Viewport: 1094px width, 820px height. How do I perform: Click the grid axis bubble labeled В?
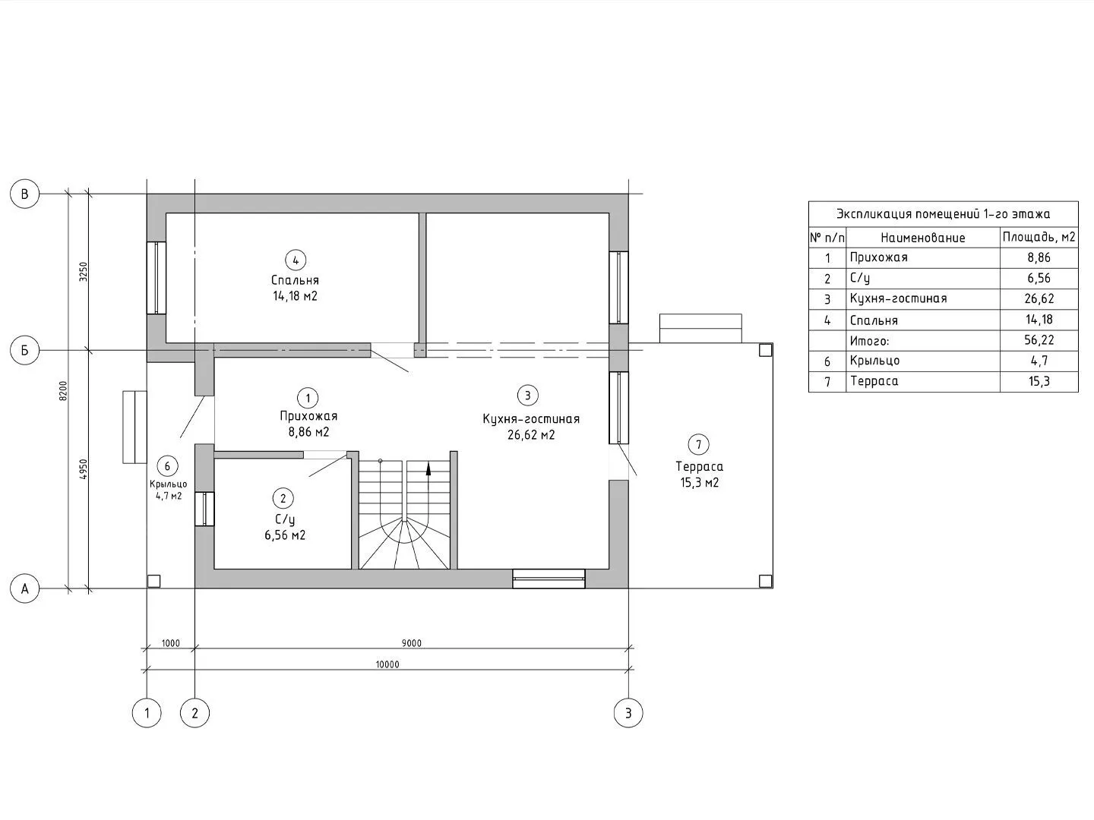[x=24, y=194]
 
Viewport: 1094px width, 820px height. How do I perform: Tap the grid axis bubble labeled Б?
[x=24, y=351]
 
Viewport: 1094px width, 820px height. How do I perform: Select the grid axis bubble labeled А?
[x=24, y=589]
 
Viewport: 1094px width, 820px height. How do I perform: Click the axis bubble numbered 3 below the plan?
[x=628, y=713]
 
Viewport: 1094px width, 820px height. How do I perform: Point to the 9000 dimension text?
[x=412, y=643]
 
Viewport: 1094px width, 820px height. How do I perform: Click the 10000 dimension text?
[x=387, y=664]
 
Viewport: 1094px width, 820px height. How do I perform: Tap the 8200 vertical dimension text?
[x=63, y=391]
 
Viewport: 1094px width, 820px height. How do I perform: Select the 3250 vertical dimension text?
[x=84, y=272]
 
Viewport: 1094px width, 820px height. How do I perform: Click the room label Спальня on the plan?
[x=295, y=280]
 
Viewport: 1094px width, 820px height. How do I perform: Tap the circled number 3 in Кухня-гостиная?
[x=528, y=396]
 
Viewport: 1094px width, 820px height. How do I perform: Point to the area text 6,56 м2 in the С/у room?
[x=285, y=535]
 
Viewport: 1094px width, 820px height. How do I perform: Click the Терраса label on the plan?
[x=699, y=466]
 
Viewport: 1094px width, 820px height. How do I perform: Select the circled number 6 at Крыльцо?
[x=167, y=466]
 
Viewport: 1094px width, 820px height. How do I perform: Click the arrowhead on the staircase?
[x=428, y=469]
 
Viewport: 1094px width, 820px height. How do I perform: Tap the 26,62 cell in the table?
[x=1039, y=298]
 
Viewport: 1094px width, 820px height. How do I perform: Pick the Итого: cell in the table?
[x=870, y=341]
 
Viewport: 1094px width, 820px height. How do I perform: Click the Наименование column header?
[x=923, y=238]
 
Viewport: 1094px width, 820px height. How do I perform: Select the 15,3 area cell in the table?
[x=1039, y=381]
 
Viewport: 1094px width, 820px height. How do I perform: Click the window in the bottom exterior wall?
[x=549, y=579]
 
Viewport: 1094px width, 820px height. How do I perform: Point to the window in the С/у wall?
[x=204, y=509]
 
